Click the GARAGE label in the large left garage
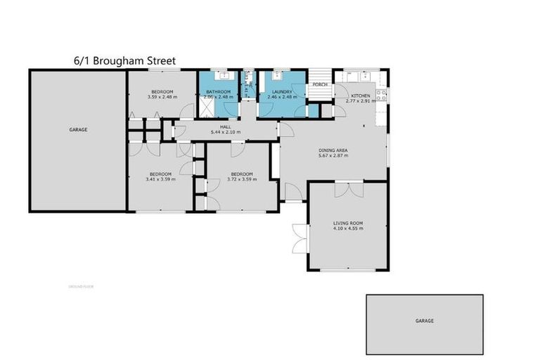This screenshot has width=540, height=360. tap(78, 129)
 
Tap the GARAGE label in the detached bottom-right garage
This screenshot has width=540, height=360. tap(424, 321)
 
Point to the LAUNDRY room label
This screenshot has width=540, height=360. tap(281, 92)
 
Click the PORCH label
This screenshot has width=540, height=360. tap(320, 84)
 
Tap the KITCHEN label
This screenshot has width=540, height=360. tap(360, 96)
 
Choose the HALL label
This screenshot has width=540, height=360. tap(225, 127)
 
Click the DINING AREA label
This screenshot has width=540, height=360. tap(333, 150)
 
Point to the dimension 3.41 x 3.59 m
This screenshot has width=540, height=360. tap(160, 179)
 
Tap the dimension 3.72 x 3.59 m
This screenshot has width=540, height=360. tap(242, 179)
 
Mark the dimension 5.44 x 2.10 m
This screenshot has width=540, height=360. tap(225, 132)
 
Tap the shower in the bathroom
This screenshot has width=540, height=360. tap(207, 106)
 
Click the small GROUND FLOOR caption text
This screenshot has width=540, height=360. tap(81, 286)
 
